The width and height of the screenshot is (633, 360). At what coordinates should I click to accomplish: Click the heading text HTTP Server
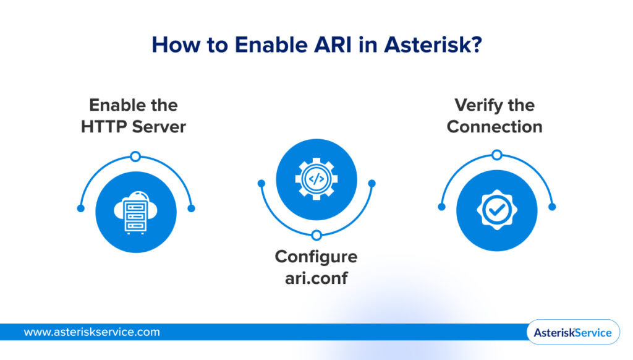tap(134, 126)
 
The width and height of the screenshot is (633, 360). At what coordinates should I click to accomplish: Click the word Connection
tap(495, 126)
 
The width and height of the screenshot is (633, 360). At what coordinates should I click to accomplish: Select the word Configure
tap(316, 256)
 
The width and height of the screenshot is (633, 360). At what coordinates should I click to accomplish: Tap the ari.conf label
tap(316, 278)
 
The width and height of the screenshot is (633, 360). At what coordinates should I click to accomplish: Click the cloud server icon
tap(136, 212)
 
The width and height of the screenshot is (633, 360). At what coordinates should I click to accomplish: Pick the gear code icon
tap(316, 180)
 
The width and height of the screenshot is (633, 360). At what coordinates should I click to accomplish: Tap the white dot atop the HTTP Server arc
tap(135, 156)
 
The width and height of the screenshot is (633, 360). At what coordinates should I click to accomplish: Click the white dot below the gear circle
tap(316, 235)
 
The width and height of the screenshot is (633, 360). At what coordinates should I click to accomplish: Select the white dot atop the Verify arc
tap(496, 155)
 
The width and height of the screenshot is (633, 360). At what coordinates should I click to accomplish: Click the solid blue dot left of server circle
tap(80, 208)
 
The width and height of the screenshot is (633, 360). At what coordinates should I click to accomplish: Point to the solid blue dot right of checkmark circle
tap(552, 207)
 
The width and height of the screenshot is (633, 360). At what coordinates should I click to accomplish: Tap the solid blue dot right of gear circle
tap(372, 183)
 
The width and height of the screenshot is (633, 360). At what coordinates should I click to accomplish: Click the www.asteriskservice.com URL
tap(91, 332)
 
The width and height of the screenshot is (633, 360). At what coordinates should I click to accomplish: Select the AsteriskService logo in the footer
tap(572, 333)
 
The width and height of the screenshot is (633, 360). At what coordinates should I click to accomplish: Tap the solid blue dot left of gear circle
tap(261, 183)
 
